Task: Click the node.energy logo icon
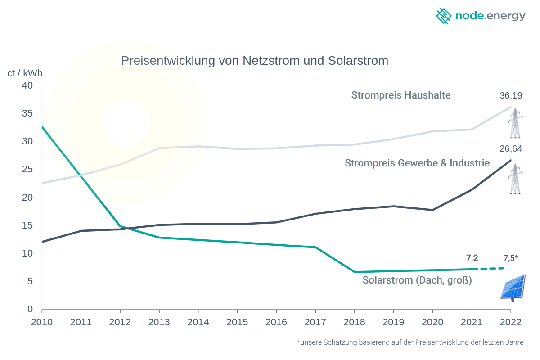(x=444, y=16)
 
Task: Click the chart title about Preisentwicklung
(x=254, y=61)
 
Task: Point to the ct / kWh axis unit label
(x=25, y=73)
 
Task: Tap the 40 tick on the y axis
(x=27, y=85)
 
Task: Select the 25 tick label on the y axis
(x=27, y=170)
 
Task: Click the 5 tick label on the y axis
(x=30, y=282)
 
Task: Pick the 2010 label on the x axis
(x=42, y=322)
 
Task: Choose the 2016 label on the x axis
(x=276, y=322)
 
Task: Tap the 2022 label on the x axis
(x=510, y=322)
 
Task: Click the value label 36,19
(x=510, y=95)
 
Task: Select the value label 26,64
(x=510, y=149)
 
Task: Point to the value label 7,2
(x=472, y=258)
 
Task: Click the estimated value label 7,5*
(x=510, y=258)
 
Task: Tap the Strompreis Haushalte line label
(x=400, y=95)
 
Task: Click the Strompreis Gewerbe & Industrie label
(x=417, y=163)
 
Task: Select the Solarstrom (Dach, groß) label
(x=417, y=280)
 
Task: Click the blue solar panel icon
(x=513, y=287)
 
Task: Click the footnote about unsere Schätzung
(x=410, y=342)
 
